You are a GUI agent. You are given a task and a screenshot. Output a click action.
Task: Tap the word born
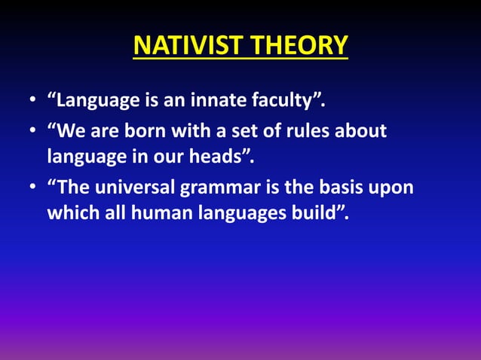(x=159, y=131)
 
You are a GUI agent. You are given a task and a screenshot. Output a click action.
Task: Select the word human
(x=163, y=213)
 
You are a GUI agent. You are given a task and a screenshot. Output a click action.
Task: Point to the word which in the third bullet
(x=72, y=213)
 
